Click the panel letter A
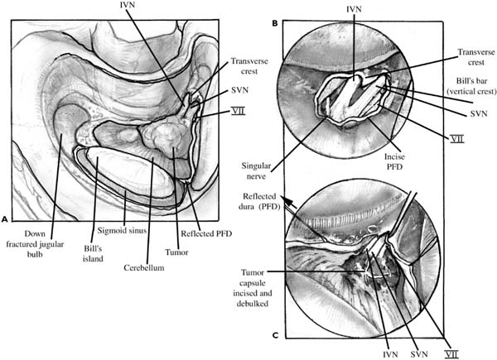(x=5, y=220)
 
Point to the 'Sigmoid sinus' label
(x=124, y=236)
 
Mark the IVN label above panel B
(x=353, y=11)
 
